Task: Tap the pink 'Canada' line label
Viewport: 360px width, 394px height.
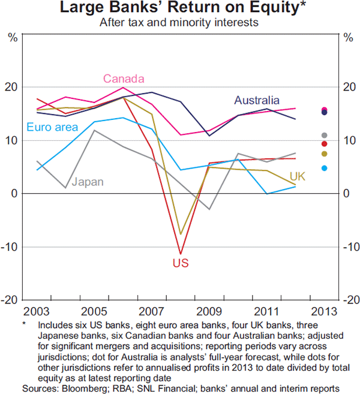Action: click(123, 79)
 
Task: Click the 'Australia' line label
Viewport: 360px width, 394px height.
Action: click(257, 100)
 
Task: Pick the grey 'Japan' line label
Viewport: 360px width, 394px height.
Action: click(88, 182)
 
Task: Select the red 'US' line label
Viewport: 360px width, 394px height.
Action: click(180, 263)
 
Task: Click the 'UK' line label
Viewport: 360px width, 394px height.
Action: click(298, 176)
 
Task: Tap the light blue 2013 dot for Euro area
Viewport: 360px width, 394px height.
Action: click(325, 169)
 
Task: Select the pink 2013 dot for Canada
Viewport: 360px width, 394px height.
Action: click(325, 110)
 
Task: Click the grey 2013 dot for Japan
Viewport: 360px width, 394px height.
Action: click(325, 136)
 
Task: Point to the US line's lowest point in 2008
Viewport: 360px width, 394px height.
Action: click(180, 254)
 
